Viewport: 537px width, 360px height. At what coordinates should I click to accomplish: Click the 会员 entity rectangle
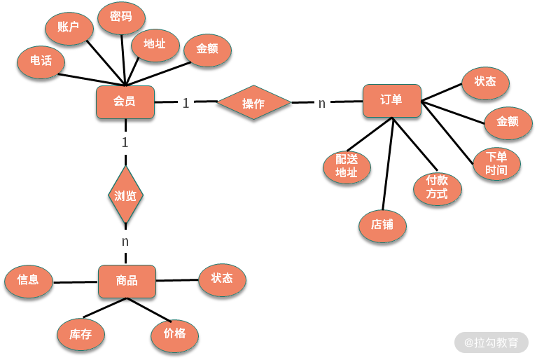coord(125,102)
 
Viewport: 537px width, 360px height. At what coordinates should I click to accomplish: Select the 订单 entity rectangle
coord(391,100)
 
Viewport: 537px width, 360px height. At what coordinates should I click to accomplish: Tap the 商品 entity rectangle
coord(127,282)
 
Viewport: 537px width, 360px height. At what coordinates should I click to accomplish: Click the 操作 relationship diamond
coord(253,104)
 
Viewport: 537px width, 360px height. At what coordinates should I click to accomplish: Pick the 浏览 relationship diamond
coord(125,195)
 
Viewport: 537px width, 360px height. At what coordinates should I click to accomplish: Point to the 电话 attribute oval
coord(41,61)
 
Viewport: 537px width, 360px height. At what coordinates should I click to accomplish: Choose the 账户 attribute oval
coord(68,29)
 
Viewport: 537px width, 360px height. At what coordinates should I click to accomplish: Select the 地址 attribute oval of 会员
coord(154,44)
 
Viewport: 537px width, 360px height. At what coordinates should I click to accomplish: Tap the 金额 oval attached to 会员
coord(207,50)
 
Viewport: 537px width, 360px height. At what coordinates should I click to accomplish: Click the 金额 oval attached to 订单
coord(508,122)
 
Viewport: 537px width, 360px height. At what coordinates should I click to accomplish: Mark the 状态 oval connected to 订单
coord(485,82)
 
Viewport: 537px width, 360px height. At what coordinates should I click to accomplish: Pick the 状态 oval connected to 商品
coord(222,279)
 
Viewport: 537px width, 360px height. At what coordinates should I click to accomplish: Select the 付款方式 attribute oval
coord(437,188)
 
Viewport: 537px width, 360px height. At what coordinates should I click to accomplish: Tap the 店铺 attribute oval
coord(382,226)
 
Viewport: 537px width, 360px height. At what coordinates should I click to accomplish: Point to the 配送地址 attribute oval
coord(347,167)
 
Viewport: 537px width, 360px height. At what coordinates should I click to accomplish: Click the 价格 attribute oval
coord(174,334)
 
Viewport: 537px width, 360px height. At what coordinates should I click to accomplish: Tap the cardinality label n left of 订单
coord(322,104)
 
